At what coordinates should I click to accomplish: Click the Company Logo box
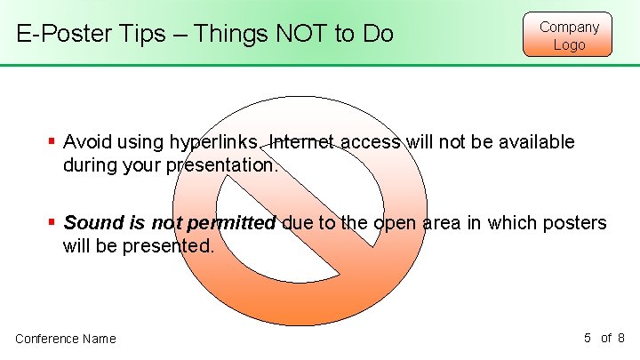tap(569, 36)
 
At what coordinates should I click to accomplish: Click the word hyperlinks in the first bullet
tap(214, 142)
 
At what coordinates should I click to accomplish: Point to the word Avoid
tap(86, 142)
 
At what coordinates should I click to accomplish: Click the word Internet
tap(302, 142)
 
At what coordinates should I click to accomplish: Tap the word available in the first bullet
tap(536, 142)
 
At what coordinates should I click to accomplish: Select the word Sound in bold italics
tap(90, 223)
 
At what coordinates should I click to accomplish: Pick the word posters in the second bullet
tap(577, 223)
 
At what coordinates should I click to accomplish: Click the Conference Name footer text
tap(66, 339)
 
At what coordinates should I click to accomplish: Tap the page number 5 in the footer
tap(588, 338)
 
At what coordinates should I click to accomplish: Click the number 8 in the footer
tap(621, 338)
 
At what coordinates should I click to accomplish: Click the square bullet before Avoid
tap(52, 141)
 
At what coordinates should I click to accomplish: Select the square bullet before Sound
tap(52, 222)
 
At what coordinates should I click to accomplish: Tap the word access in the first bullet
tap(368, 142)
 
